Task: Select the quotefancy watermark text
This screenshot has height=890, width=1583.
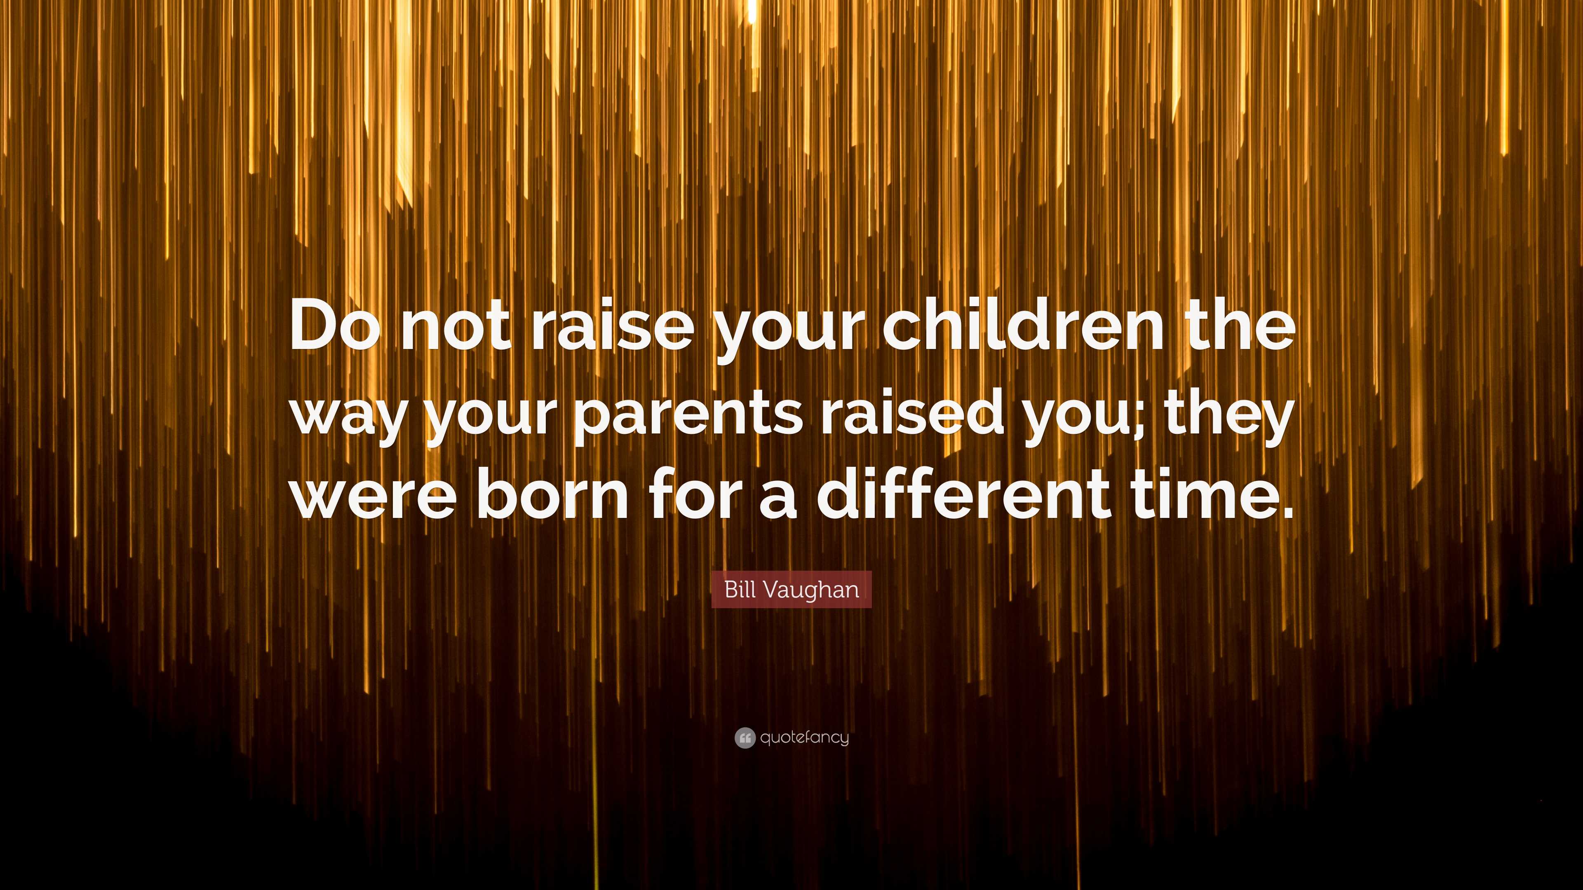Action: (x=804, y=738)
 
